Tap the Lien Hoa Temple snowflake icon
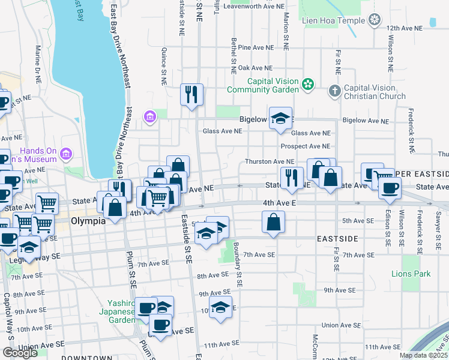pos(375,21)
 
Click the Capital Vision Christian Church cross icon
pos(335,91)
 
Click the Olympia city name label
pos(88,220)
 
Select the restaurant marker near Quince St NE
pos(191,95)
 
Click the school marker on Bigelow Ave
pos(280,119)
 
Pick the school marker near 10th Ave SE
pos(220,308)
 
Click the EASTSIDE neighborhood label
pos(337,239)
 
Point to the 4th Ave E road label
pos(279,203)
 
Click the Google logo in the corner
pos(20,353)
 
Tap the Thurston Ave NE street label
pos(269,161)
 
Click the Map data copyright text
pos(424,355)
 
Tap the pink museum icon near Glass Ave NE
pos(150,115)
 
